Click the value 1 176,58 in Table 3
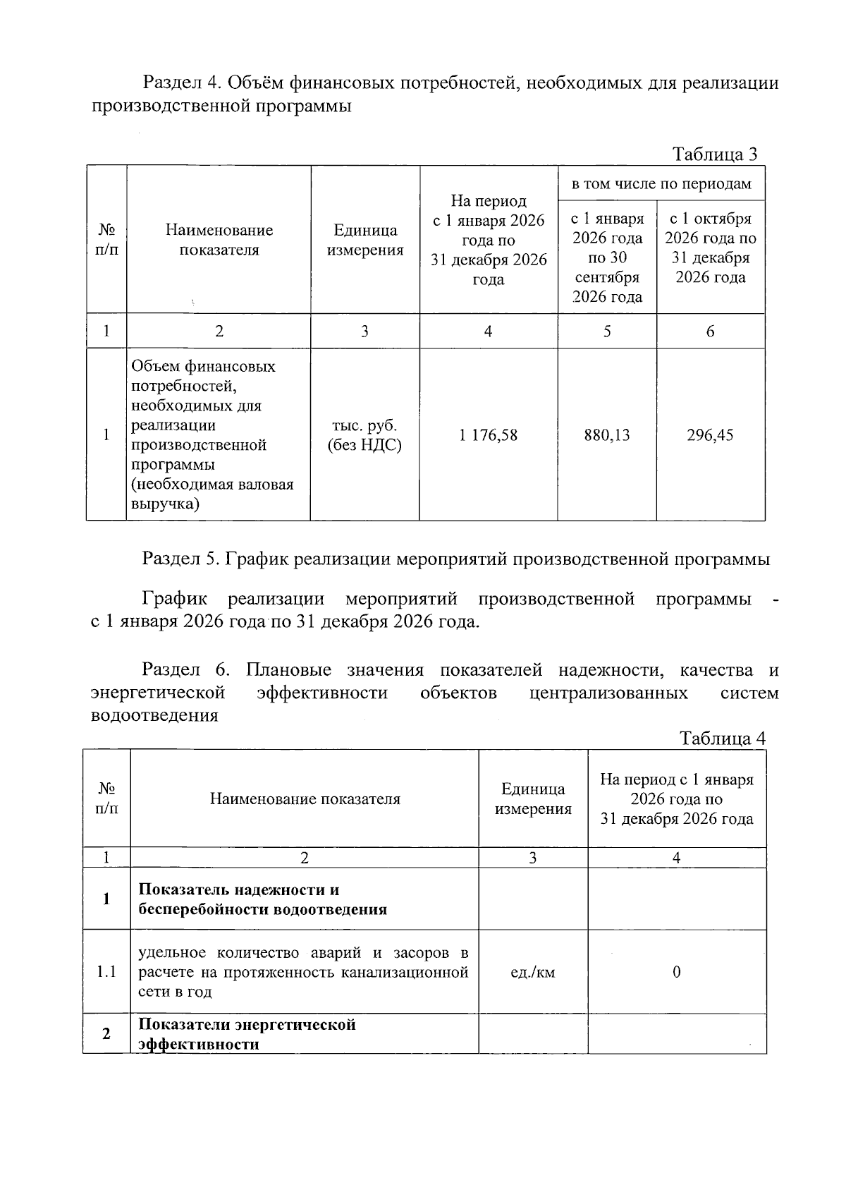488,435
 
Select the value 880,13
606,435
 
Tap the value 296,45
710,435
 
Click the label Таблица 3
714,154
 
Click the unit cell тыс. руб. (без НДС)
364,435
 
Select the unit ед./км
532,972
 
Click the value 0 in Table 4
676,972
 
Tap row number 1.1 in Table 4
106,972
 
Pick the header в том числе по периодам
661,184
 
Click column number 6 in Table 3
710,331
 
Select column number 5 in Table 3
606,331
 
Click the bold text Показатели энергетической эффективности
247,1033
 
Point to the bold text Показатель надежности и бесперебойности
262,899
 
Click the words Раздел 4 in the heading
182,83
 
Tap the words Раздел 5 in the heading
181,559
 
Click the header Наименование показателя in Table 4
305,798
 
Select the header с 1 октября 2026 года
710,248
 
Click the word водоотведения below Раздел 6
154,715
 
